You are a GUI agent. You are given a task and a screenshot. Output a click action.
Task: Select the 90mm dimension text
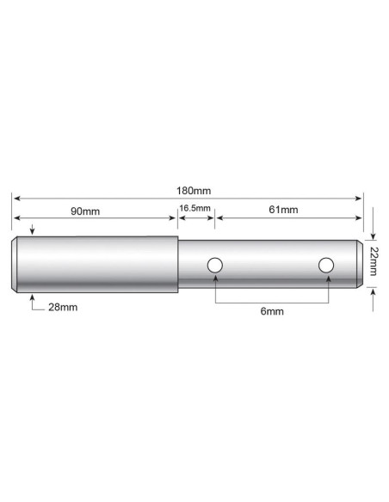point(84,211)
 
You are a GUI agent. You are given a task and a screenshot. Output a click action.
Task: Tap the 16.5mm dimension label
point(194,210)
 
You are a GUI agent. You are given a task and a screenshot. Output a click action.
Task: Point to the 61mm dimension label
point(283,211)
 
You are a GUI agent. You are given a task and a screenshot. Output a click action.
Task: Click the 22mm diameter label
point(374,260)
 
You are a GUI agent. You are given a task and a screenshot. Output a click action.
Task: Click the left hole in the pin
point(214,266)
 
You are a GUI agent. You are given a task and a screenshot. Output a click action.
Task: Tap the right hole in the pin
point(325,266)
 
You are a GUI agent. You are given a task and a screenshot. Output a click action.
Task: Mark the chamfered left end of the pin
point(15,266)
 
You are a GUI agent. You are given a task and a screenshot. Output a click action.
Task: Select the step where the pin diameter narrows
point(178,266)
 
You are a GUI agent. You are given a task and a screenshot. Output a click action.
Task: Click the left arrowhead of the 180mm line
point(15,198)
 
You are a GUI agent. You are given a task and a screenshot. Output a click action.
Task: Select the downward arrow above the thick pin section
point(32,230)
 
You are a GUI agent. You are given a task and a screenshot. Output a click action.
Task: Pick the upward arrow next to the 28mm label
point(32,298)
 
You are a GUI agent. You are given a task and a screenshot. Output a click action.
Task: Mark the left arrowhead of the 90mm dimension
point(15,217)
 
